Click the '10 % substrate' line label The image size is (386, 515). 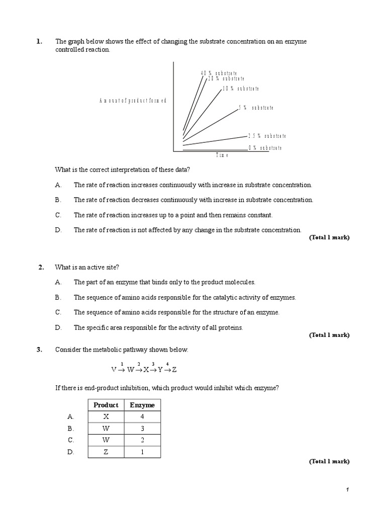pos(241,89)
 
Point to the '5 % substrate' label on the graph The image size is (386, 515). pos(256,108)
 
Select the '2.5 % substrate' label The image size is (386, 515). pos(267,136)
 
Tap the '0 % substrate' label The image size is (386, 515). pos(265,148)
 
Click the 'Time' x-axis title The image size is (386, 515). pos(222,156)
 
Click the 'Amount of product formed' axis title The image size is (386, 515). pos(133,101)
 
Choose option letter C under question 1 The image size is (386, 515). pos(58,215)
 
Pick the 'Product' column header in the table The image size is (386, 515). pos(106,405)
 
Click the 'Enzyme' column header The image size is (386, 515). pos(142,405)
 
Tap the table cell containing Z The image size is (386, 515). pos(106,452)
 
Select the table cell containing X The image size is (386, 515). pos(106,417)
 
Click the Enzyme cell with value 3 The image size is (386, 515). pos(142,428)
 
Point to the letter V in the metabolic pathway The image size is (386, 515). pos(114,370)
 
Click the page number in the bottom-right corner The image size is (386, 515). pos(347,490)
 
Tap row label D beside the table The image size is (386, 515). pos(70,452)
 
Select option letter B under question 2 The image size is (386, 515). pos(58,297)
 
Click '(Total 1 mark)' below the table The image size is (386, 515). pos(329,461)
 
